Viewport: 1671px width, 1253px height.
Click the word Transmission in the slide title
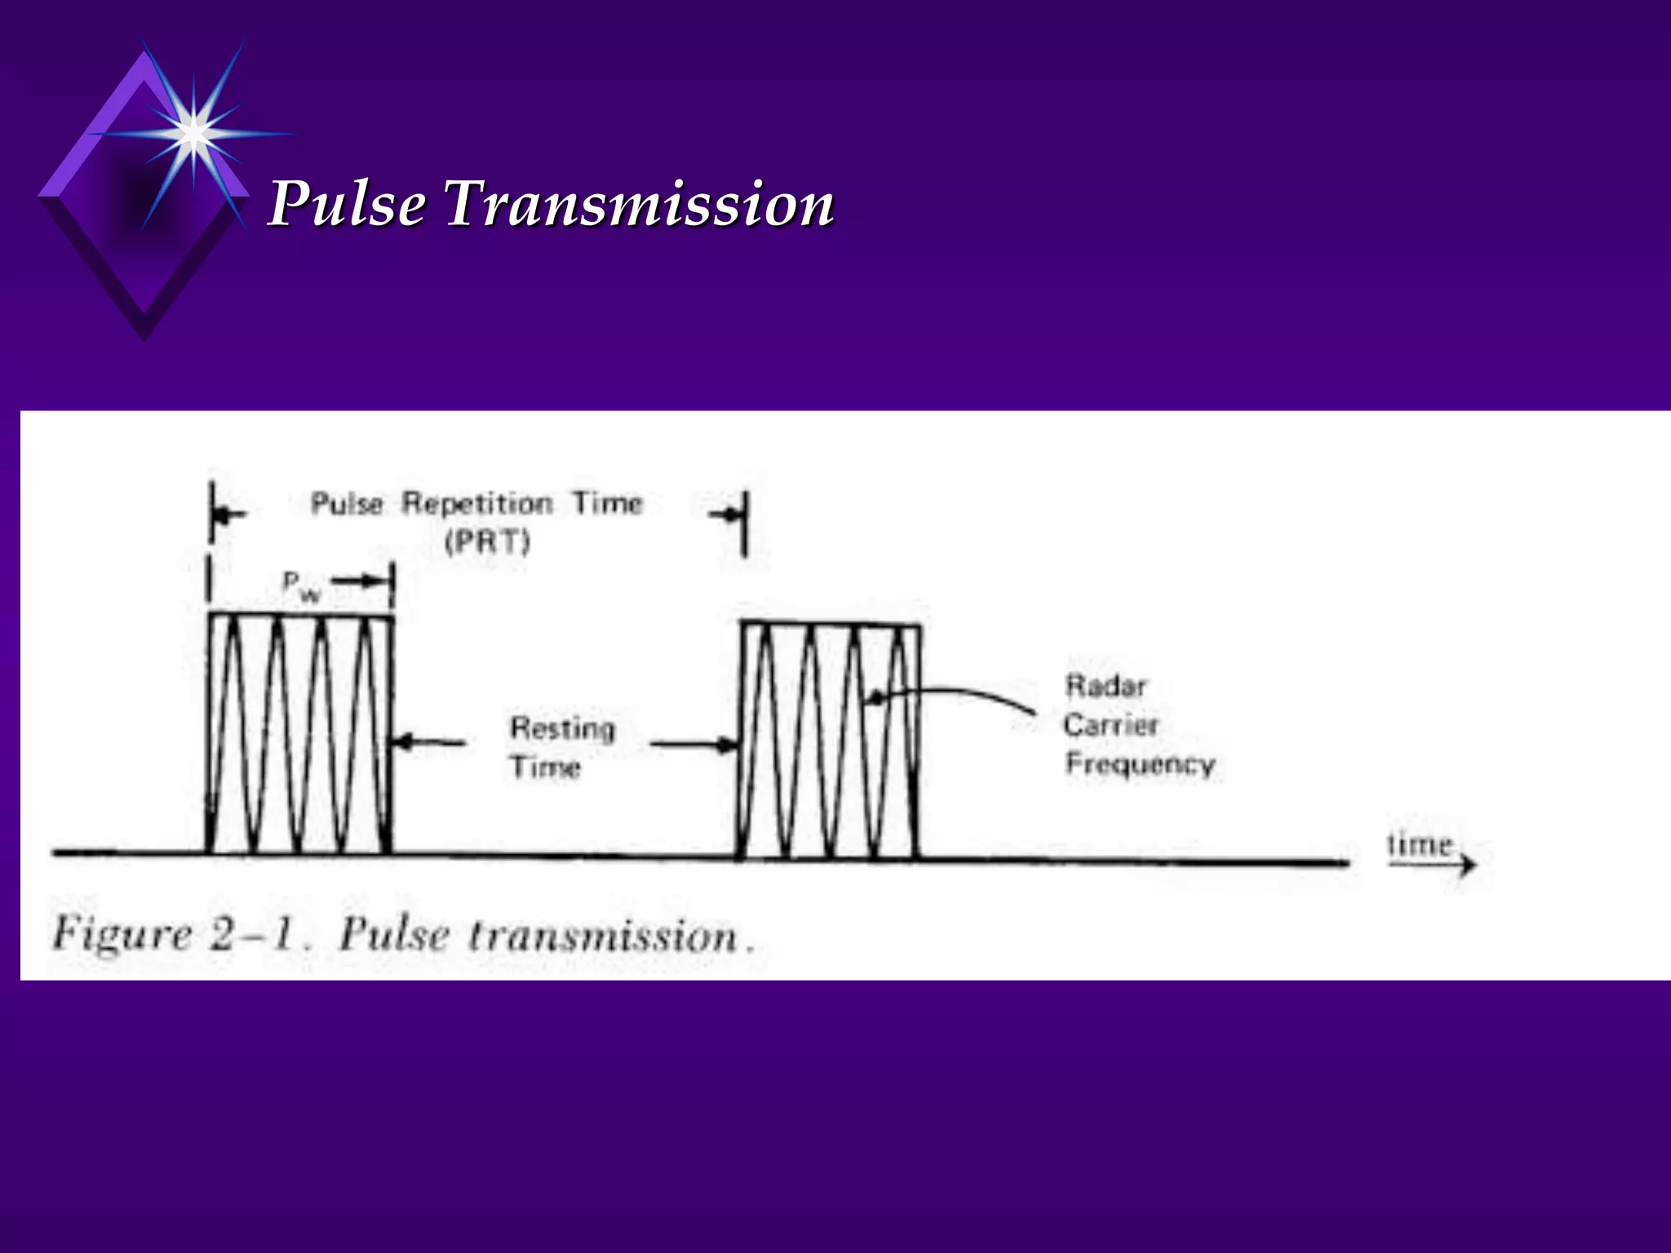pos(639,204)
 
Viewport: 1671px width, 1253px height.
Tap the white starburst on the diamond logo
pos(193,133)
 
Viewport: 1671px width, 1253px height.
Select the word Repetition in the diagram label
pos(477,503)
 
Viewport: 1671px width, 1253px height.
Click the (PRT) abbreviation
pos(488,542)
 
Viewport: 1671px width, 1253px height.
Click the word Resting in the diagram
pos(563,728)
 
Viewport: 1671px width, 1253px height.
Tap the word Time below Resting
pos(545,767)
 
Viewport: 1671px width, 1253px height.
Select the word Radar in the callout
pos(1106,686)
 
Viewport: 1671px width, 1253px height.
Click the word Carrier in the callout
pos(1110,724)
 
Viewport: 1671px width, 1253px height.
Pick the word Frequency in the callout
pos(1140,764)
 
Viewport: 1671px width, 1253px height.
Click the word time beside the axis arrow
pos(1420,844)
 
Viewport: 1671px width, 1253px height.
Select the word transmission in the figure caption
pos(602,936)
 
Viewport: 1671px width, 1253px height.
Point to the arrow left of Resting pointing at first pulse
pos(428,742)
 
